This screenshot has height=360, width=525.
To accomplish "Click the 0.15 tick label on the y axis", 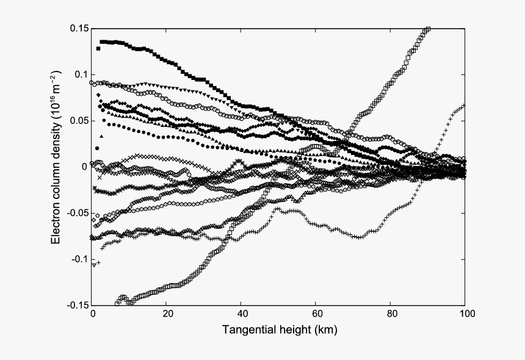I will [x=80, y=28].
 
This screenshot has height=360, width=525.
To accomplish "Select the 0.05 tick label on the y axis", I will [x=80, y=121].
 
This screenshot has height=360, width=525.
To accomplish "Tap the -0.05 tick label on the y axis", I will [x=78, y=213].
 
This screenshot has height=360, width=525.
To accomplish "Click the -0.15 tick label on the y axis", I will [x=78, y=305].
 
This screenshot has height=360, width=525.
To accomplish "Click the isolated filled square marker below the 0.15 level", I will [x=98, y=48].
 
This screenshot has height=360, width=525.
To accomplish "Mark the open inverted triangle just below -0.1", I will [x=94, y=265].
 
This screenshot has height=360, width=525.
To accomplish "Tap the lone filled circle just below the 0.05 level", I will [x=96, y=148].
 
